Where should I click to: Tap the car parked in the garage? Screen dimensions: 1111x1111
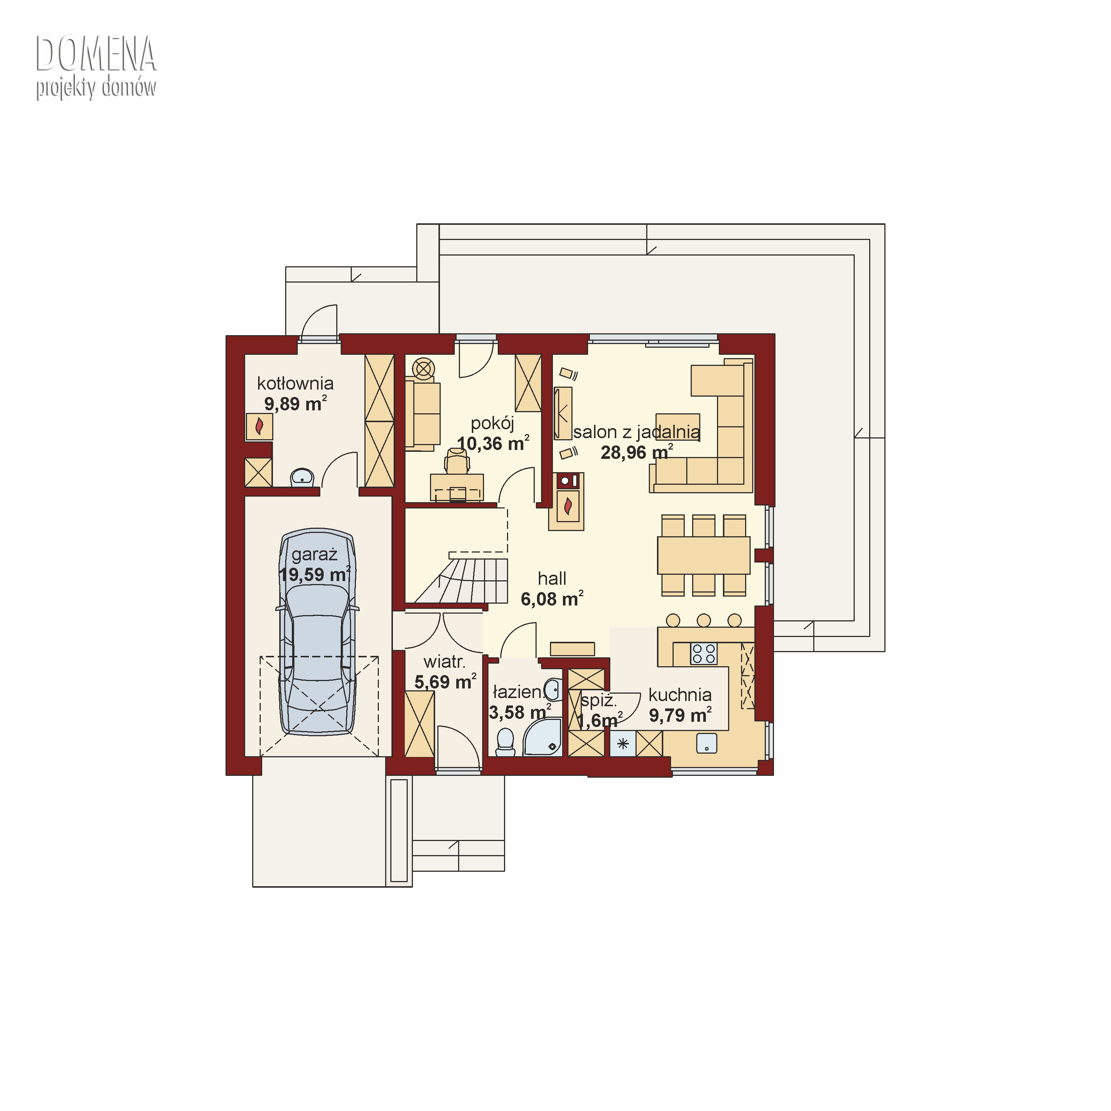pos(317,632)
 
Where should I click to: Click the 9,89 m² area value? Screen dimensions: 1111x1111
pos(296,404)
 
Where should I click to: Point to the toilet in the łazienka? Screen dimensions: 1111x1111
pos(506,742)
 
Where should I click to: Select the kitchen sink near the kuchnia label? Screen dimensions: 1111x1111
pos(707,743)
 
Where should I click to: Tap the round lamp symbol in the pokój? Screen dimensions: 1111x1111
pos(424,368)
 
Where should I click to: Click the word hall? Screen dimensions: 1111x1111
pos(552,578)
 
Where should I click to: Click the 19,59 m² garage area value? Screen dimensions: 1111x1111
pos(314,574)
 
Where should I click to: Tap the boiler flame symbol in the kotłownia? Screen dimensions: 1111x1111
pos(259,427)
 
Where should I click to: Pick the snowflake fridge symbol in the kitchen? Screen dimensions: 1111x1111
pos(623,744)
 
